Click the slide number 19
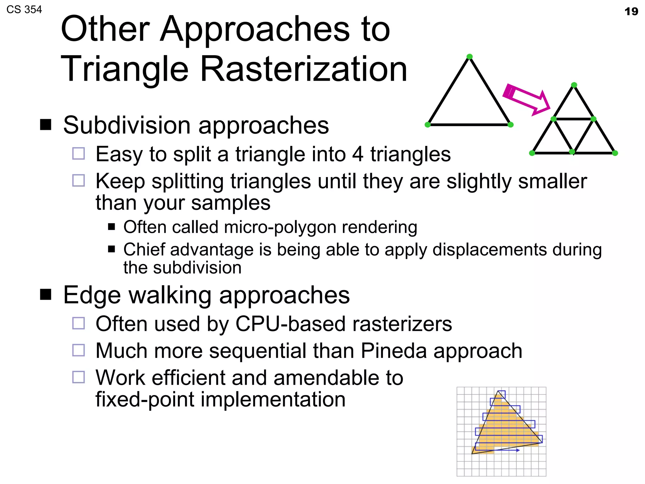click(x=631, y=12)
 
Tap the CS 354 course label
click(x=24, y=9)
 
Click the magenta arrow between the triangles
click(x=526, y=99)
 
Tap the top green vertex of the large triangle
click(x=469, y=57)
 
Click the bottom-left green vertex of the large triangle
click(x=427, y=125)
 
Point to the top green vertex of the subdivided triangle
click(x=574, y=85)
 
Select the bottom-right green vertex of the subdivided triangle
click(x=615, y=153)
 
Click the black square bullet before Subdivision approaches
click(x=46, y=125)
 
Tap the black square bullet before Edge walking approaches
click(x=46, y=295)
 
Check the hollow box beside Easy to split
click(x=78, y=154)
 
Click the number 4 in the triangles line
click(x=358, y=154)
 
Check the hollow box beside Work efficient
click(x=78, y=377)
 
